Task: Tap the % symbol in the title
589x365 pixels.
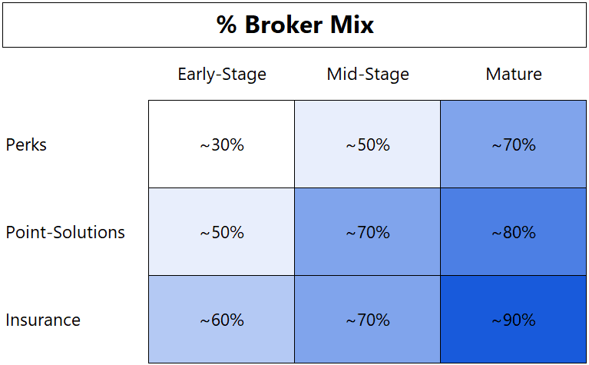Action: [x=227, y=25]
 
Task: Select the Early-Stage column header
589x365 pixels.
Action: [x=222, y=75]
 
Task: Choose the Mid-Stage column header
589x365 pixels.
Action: [x=368, y=75]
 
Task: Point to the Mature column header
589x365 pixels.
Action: [x=514, y=75]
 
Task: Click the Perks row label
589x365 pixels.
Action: [x=26, y=144]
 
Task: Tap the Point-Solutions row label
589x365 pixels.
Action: [x=65, y=232]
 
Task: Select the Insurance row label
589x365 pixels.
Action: [x=43, y=320]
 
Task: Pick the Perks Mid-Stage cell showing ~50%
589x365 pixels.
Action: [x=368, y=144]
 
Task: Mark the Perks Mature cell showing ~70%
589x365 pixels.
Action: [x=514, y=144]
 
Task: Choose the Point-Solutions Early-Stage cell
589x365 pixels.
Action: [x=222, y=232]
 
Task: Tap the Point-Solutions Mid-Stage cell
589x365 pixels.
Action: [x=368, y=232]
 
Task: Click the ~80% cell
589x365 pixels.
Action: [x=514, y=232]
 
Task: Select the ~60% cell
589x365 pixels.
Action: [x=222, y=320]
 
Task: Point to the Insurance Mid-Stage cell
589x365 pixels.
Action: [x=368, y=320]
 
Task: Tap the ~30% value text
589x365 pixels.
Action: [x=222, y=144]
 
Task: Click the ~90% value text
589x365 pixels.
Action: [x=514, y=320]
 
